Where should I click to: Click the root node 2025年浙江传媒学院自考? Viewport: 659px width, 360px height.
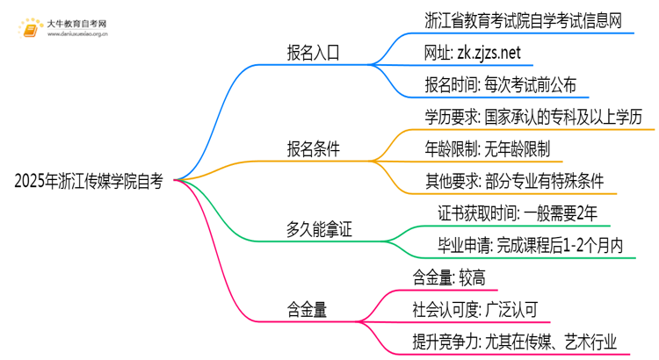point(88,182)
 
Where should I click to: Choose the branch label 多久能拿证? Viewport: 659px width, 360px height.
point(314,230)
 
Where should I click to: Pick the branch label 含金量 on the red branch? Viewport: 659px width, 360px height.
point(307,309)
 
